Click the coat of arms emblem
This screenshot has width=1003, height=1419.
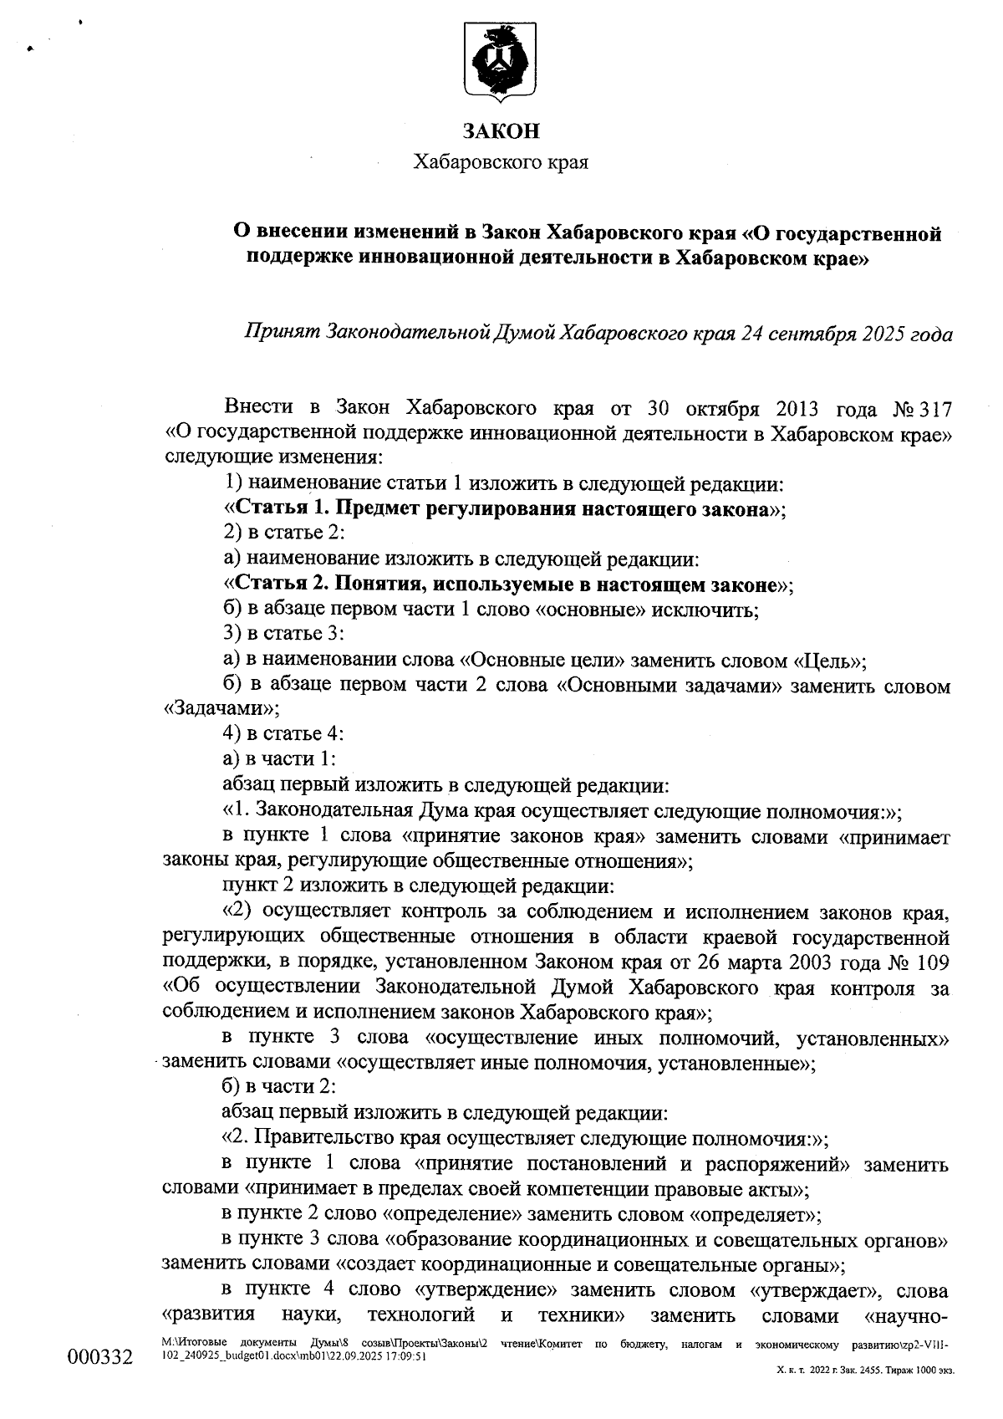[x=501, y=64]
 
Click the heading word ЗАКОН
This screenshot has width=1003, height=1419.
[x=501, y=131]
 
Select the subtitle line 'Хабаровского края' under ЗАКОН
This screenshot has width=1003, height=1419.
[x=501, y=162]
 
